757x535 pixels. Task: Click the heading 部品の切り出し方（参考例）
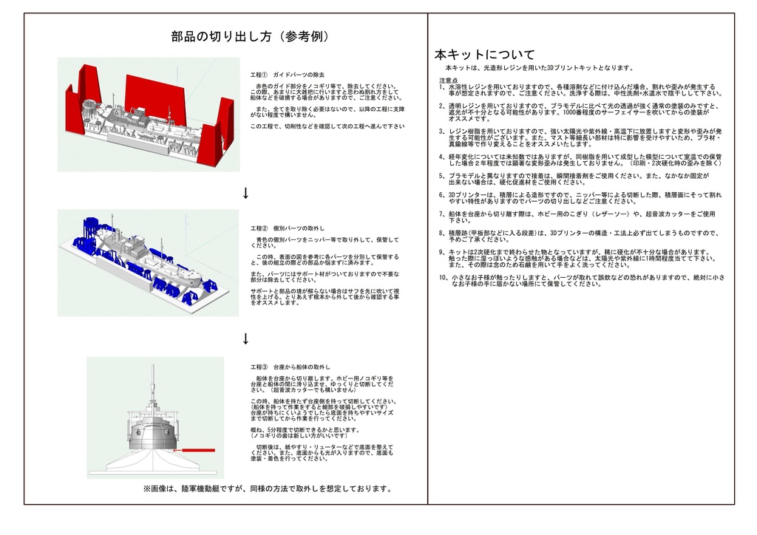click(250, 37)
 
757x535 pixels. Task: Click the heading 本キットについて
click(484, 55)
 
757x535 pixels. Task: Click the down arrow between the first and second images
click(245, 194)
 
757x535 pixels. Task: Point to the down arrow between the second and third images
click(245, 339)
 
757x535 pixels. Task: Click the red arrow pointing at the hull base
click(194, 449)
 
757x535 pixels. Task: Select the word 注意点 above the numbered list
click(448, 80)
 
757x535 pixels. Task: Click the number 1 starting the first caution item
click(441, 86)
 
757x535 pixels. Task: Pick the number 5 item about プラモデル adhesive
click(441, 176)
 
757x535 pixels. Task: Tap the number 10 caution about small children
click(443, 277)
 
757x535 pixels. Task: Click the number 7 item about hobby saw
click(441, 214)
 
